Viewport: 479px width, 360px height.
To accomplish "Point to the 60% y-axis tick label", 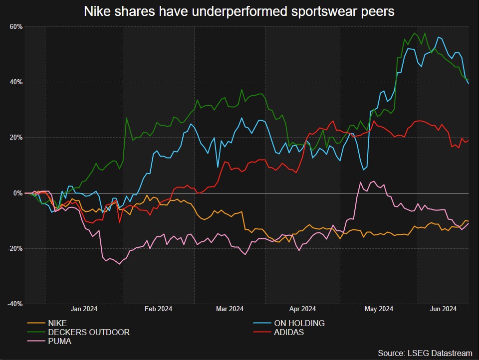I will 15,26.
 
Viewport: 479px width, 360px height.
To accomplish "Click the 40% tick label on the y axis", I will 15,82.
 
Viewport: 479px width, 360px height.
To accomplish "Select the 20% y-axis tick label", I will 15,137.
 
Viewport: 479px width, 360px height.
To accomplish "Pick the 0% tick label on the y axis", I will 17,193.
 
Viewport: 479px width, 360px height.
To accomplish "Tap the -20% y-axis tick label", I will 14,248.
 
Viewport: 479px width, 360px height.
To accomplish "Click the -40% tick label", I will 14,304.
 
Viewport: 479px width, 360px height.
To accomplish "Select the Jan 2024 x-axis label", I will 84,309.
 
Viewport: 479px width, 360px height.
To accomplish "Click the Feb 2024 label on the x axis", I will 158,309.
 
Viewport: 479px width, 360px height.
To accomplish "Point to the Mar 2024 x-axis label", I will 230,309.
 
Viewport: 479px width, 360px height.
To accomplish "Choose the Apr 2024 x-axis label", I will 302,309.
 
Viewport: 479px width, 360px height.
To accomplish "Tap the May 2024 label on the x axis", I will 379,309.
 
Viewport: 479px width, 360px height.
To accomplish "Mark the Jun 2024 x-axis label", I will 444,309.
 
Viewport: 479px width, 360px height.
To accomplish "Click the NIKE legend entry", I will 57,323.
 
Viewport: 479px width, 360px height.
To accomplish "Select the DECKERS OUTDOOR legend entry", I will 89,332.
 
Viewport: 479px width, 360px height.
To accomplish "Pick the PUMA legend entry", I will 59,342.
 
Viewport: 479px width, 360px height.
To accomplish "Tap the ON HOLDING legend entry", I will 299,323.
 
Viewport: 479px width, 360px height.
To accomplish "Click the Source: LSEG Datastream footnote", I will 425,353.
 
